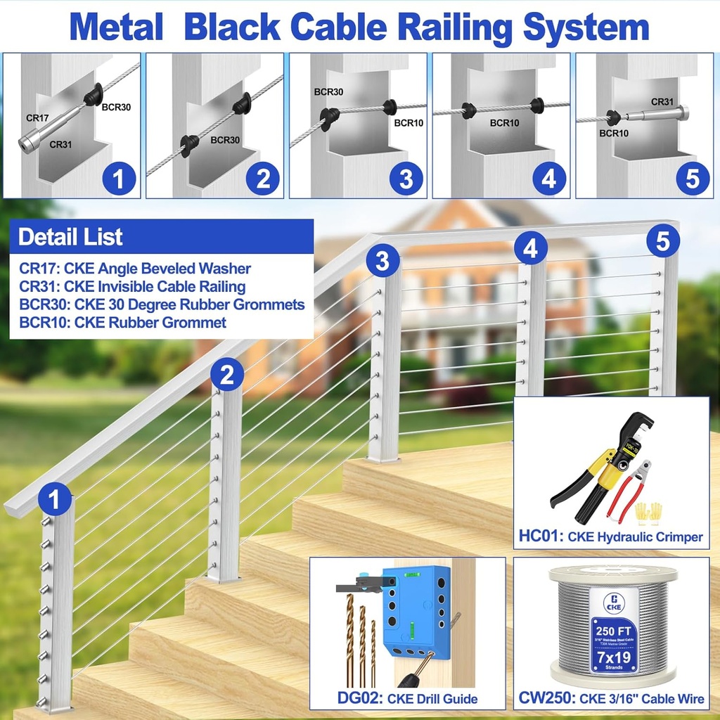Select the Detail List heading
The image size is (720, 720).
coord(70,237)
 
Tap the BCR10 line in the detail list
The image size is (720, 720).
coord(123,323)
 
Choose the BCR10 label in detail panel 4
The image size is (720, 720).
coord(504,123)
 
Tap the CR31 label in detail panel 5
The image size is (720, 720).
coord(662,102)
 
